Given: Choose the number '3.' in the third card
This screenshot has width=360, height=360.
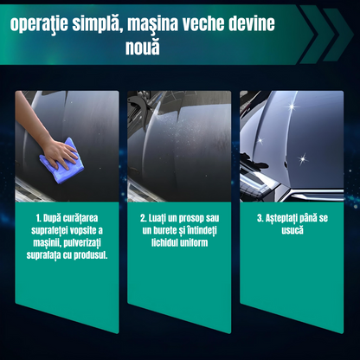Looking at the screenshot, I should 260,218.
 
